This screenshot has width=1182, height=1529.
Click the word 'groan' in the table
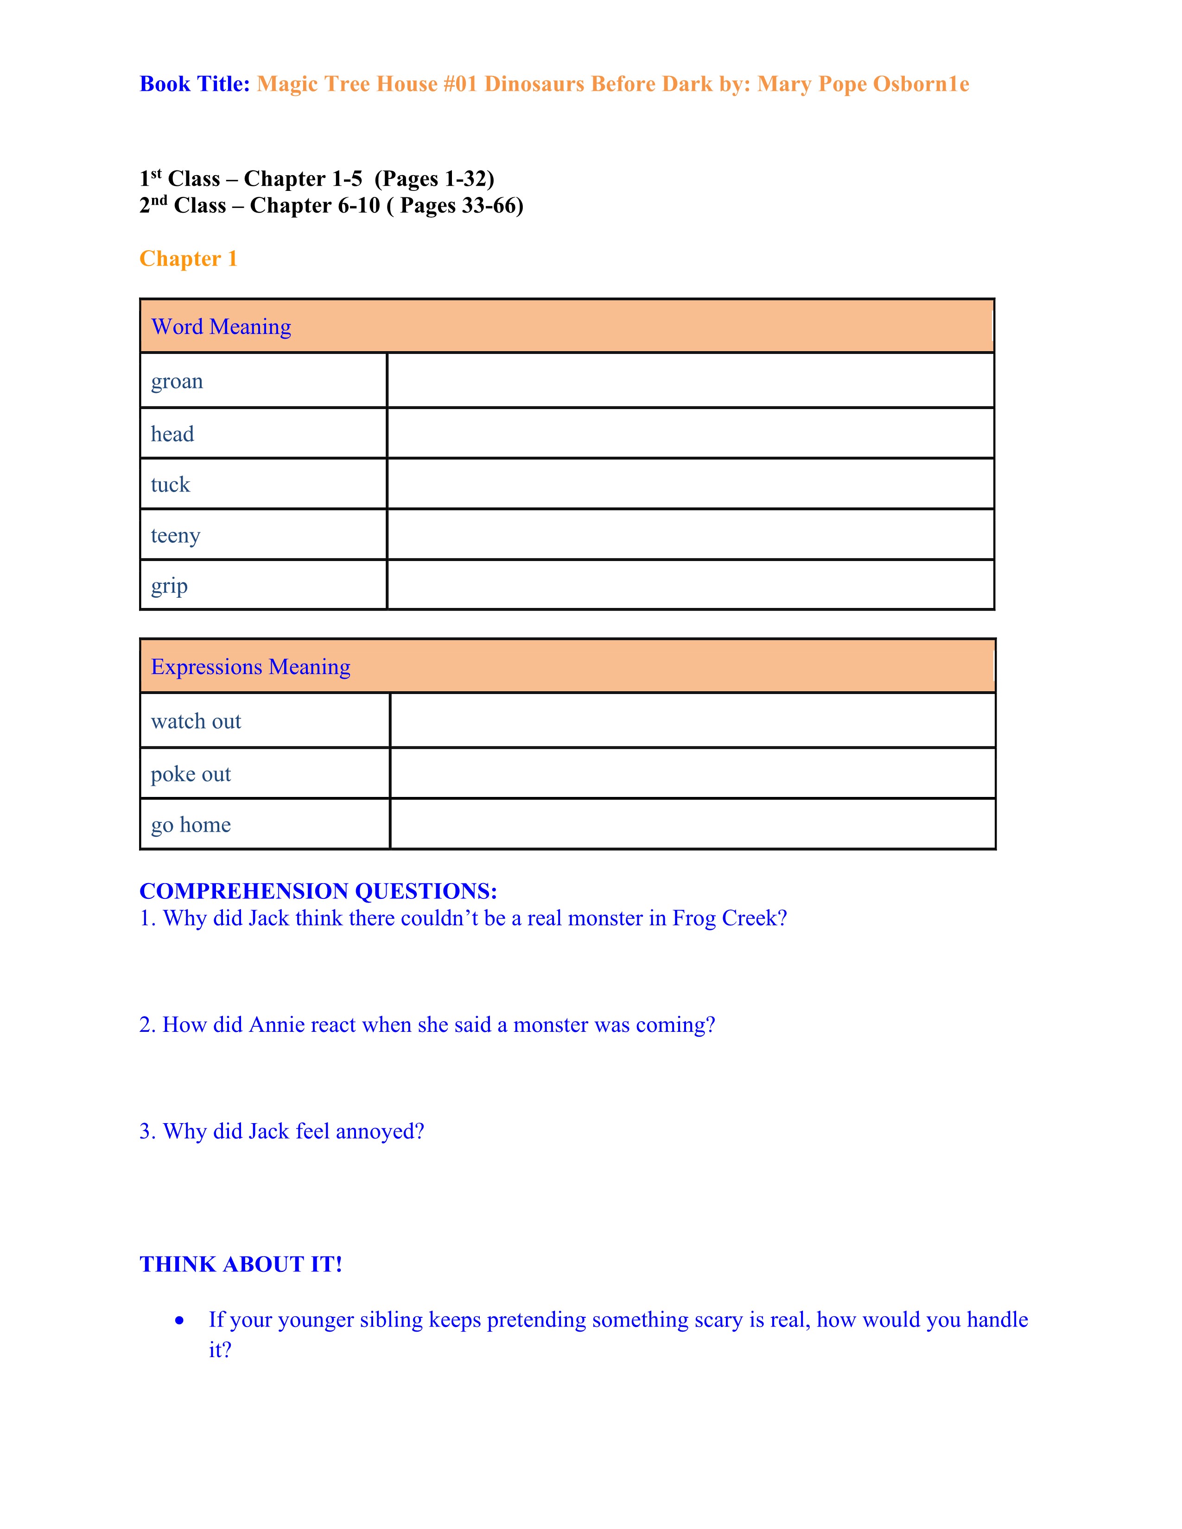tap(177, 381)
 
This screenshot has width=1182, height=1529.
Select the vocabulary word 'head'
tap(172, 434)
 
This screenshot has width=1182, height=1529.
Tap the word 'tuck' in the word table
tap(170, 485)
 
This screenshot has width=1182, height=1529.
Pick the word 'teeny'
tap(175, 536)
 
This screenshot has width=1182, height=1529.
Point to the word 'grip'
tap(170, 586)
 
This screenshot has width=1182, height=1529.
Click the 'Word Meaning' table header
tap(221, 327)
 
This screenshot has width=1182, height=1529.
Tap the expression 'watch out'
tap(196, 721)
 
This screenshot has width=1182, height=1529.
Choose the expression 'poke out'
tap(191, 774)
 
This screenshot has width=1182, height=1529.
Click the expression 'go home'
tap(191, 825)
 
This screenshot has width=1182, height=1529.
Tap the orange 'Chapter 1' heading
tap(188, 259)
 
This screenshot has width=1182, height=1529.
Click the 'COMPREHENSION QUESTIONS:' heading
tap(318, 891)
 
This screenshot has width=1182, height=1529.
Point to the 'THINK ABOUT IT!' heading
tap(241, 1264)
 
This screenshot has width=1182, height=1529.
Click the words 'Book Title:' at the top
tap(195, 84)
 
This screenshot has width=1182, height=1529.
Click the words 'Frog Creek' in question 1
tap(729, 918)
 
